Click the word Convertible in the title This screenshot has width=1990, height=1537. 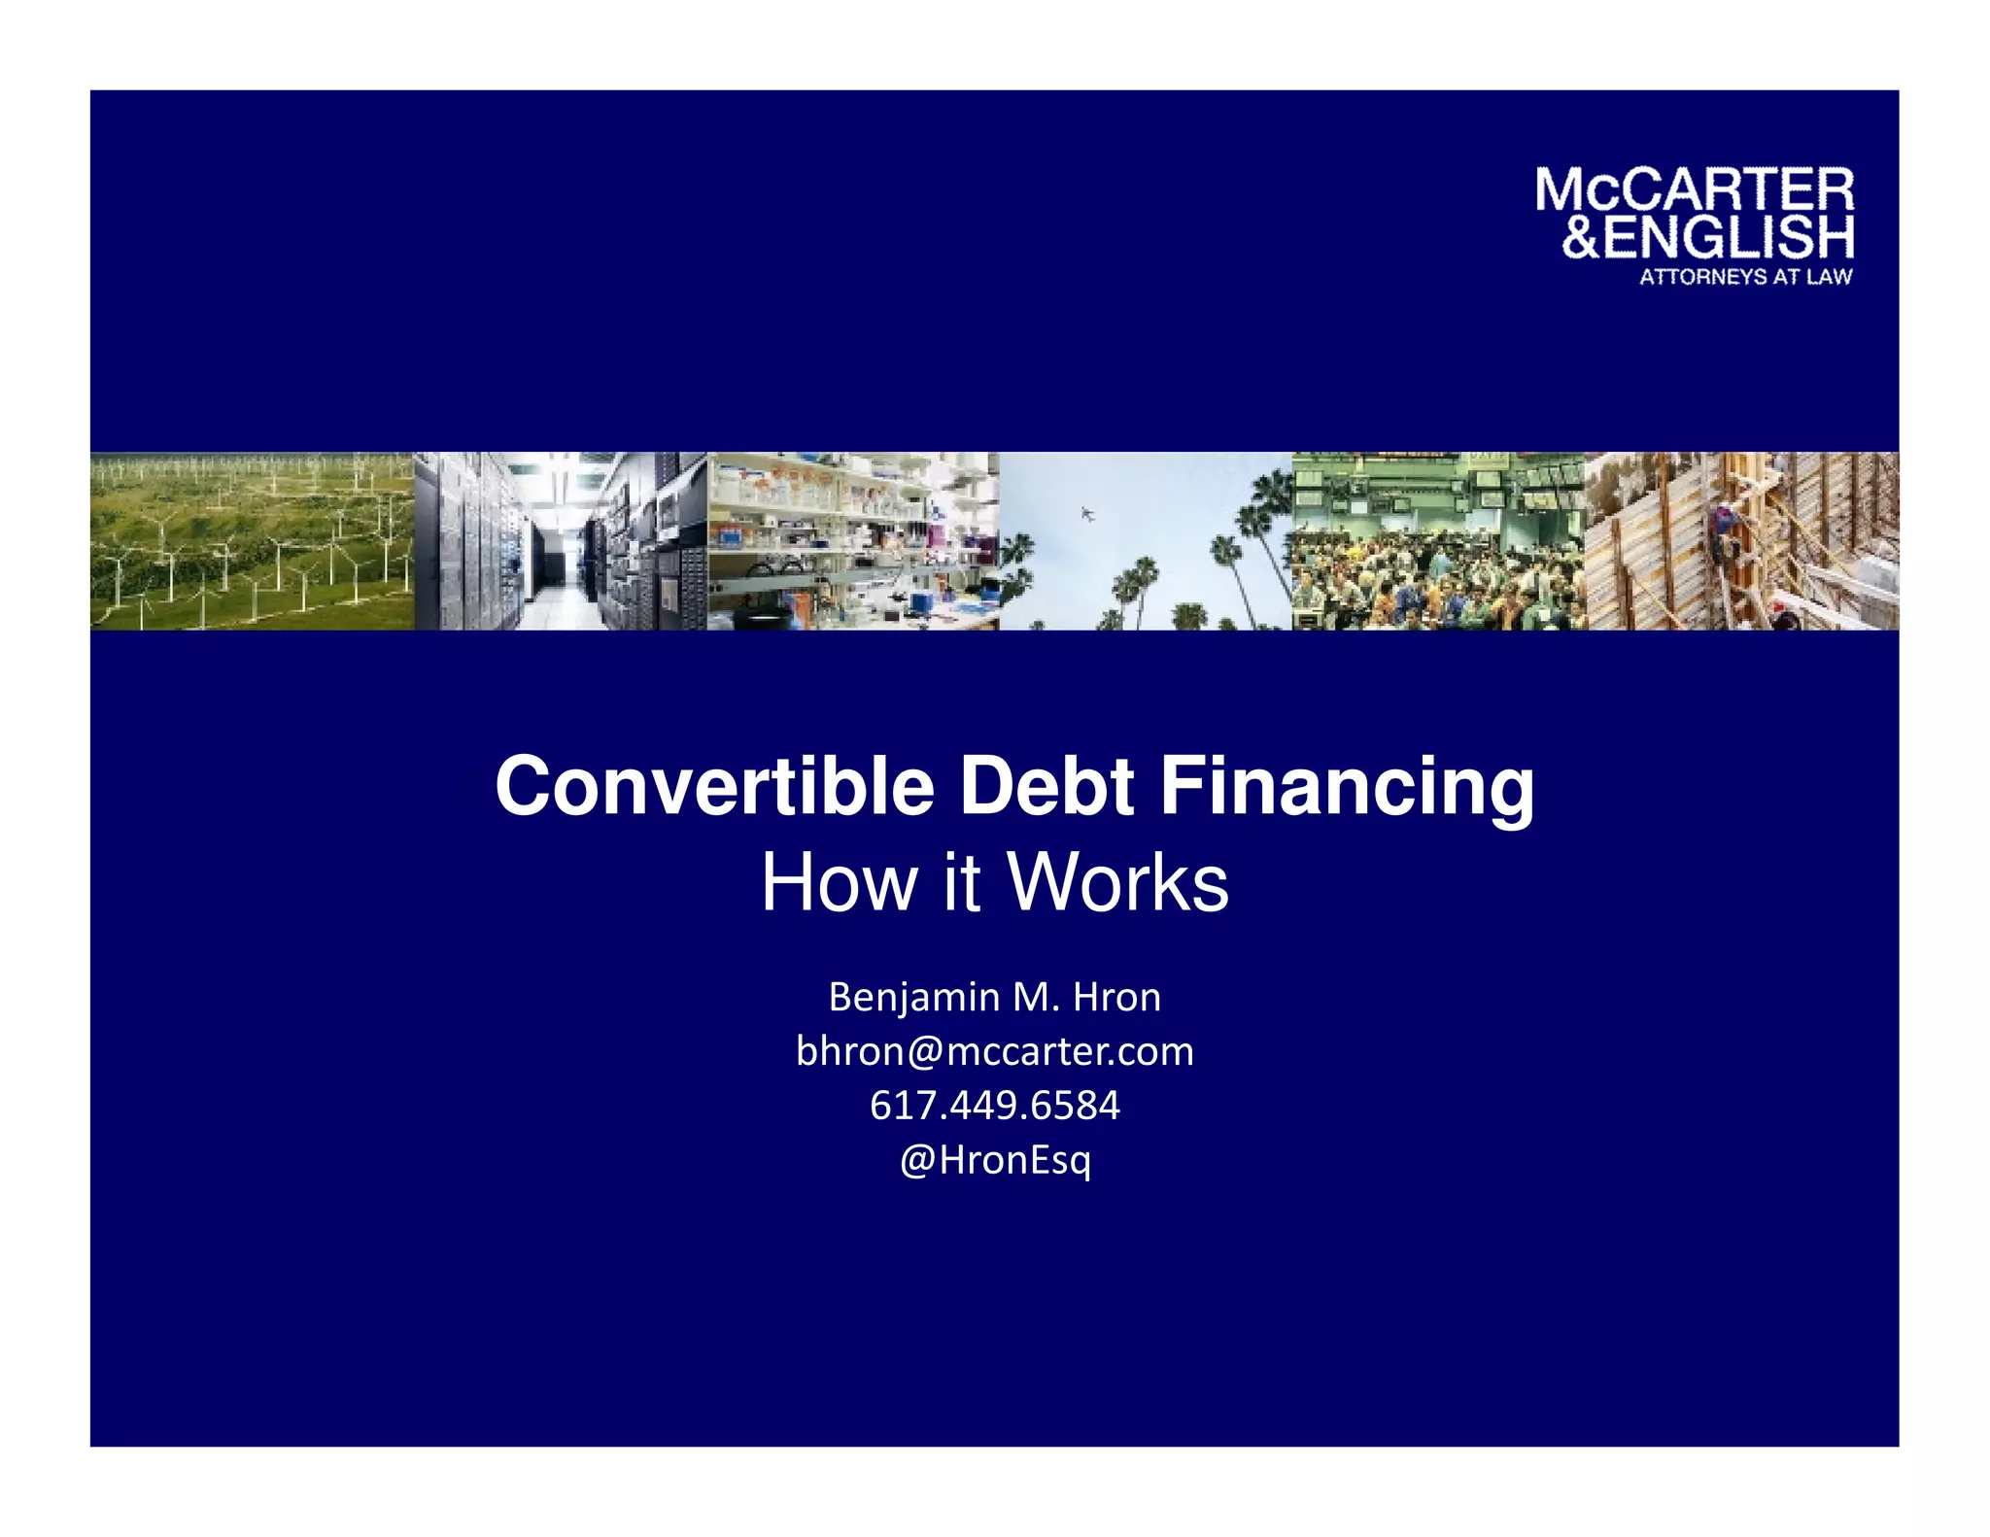click(714, 786)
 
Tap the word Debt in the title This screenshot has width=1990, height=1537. click(1046, 786)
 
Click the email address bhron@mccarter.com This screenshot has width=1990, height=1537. click(994, 1051)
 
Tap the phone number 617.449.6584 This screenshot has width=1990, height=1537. click(994, 1106)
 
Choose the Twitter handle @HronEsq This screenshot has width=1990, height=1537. click(994, 1160)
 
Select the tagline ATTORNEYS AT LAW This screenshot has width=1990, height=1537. click(1745, 277)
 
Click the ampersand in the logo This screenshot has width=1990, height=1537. click(1580, 238)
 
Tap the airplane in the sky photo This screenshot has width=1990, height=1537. click(1088, 514)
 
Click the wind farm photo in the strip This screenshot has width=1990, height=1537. click(252, 541)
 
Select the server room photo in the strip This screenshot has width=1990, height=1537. click(561, 541)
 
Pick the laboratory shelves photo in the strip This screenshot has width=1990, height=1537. click(853, 541)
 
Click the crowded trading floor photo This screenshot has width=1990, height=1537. click(1438, 541)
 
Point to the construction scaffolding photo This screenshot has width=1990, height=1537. click(1742, 541)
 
